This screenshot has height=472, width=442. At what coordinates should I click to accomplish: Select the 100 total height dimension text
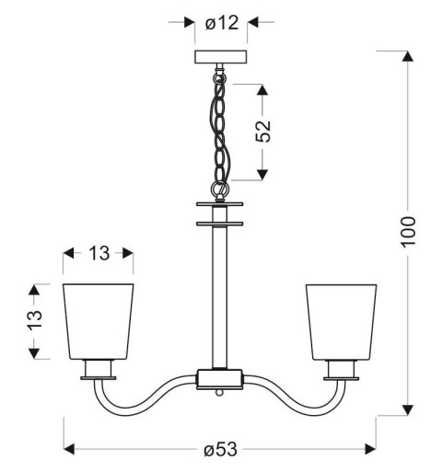click(408, 234)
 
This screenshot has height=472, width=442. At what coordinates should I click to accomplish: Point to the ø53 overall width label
click(221, 449)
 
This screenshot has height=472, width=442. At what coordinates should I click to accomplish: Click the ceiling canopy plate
click(221, 57)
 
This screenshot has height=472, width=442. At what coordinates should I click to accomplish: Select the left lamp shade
click(98, 321)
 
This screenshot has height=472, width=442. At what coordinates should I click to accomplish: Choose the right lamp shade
click(342, 321)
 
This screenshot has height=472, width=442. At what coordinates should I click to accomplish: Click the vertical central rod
click(221, 294)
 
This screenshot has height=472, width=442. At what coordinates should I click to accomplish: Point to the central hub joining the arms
click(221, 377)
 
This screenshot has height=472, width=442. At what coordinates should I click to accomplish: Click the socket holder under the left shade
click(98, 370)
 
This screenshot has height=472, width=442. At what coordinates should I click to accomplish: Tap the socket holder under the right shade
click(342, 370)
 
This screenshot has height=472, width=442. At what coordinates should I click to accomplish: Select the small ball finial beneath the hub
click(221, 391)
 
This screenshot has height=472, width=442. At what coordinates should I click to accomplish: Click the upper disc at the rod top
click(221, 204)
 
